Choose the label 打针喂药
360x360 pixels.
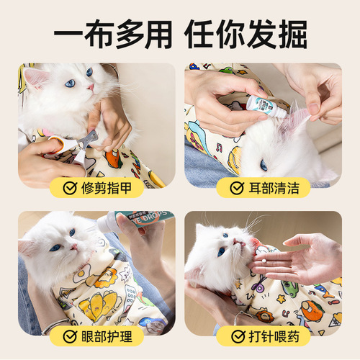coord(271,336)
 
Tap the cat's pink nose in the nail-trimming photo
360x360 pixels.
coord(91,87)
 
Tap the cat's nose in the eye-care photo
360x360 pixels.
coord(74,246)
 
